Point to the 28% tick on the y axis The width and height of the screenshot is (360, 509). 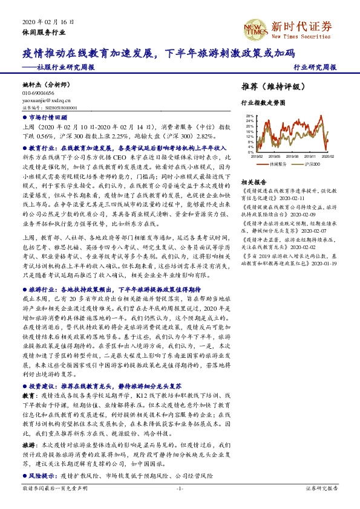250,115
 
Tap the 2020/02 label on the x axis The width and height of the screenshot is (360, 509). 329,156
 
